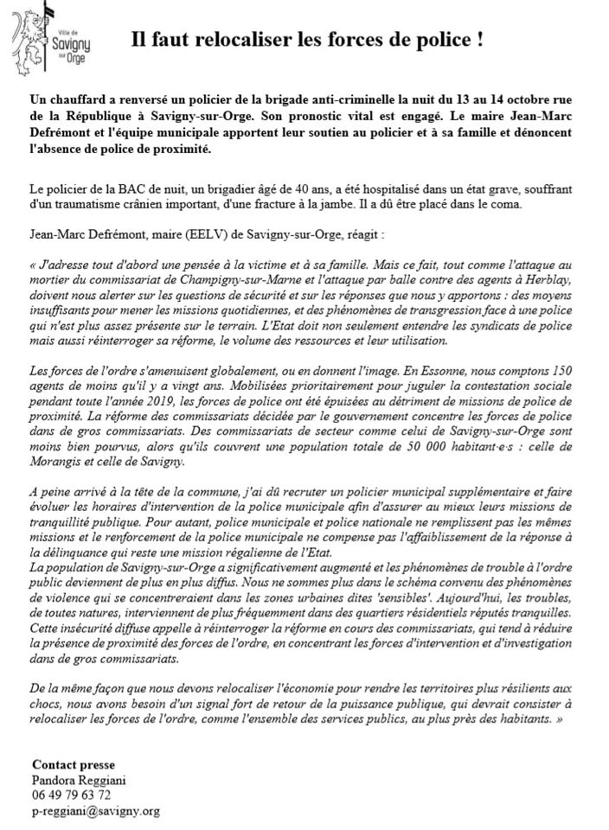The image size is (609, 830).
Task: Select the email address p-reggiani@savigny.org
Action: (x=95, y=810)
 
